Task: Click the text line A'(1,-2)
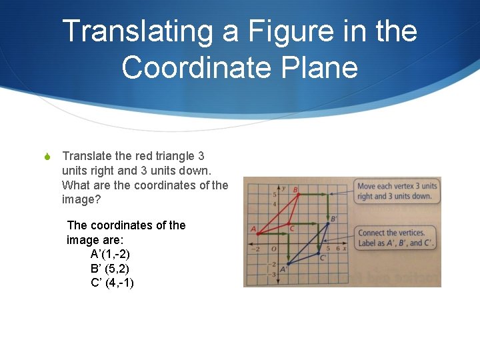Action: [x=110, y=254]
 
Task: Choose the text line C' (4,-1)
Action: [x=112, y=283]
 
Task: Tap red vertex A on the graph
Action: [x=257, y=233]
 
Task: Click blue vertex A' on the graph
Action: [x=287, y=263]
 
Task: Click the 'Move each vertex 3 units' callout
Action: [x=397, y=191]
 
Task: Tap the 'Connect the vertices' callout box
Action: [x=396, y=237]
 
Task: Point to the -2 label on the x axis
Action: [x=256, y=249]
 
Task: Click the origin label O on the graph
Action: [x=273, y=249]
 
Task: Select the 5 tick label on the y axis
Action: [x=274, y=194]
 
